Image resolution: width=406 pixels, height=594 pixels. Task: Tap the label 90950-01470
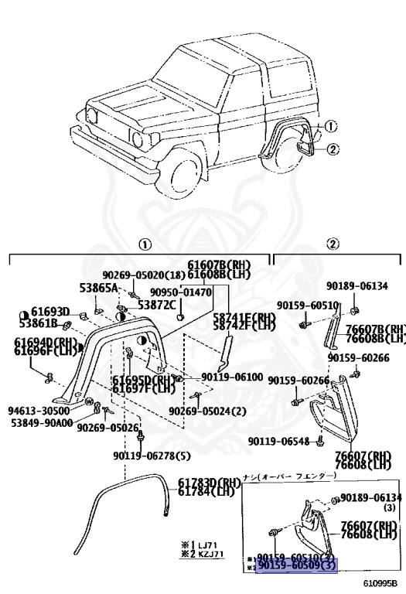pyautogui.click(x=180, y=292)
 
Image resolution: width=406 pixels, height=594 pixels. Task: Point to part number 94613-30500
pyautogui.click(x=39, y=411)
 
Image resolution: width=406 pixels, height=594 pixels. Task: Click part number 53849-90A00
pyautogui.click(x=41, y=422)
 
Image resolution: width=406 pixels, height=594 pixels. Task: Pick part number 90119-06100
pyautogui.click(x=232, y=377)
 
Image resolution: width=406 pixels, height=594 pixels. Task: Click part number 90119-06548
pyautogui.click(x=278, y=441)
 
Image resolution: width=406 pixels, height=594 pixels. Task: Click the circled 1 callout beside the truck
pyautogui.click(x=332, y=125)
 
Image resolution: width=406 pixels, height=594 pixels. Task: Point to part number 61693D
pyautogui.click(x=50, y=312)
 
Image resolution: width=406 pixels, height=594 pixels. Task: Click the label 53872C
pyautogui.click(x=157, y=305)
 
